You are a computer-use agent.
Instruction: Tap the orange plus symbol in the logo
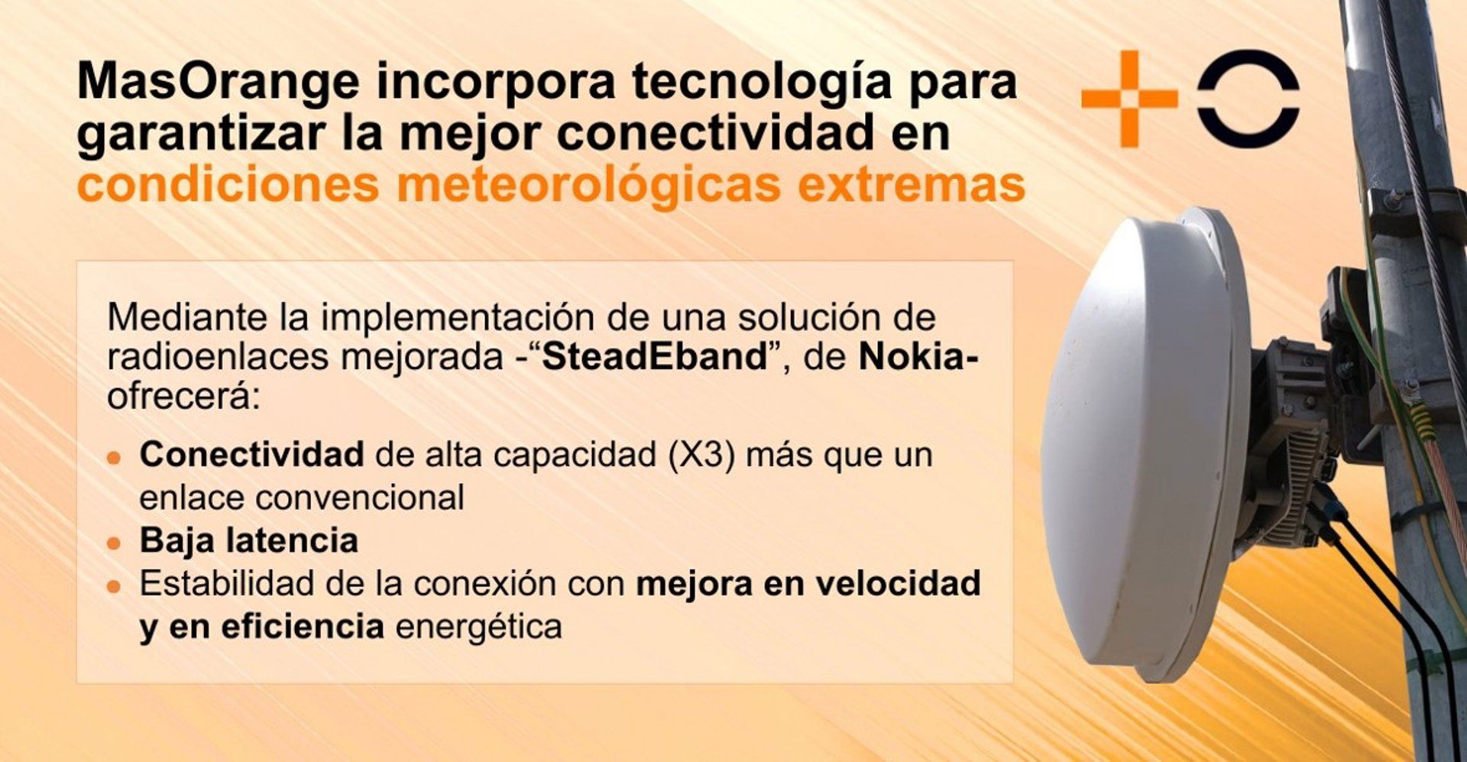(x=1129, y=99)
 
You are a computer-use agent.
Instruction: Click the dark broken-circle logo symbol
(x=1248, y=99)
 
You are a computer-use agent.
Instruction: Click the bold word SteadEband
(x=655, y=358)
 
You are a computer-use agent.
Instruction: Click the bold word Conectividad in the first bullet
(x=251, y=455)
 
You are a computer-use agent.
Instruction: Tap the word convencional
(x=359, y=498)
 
